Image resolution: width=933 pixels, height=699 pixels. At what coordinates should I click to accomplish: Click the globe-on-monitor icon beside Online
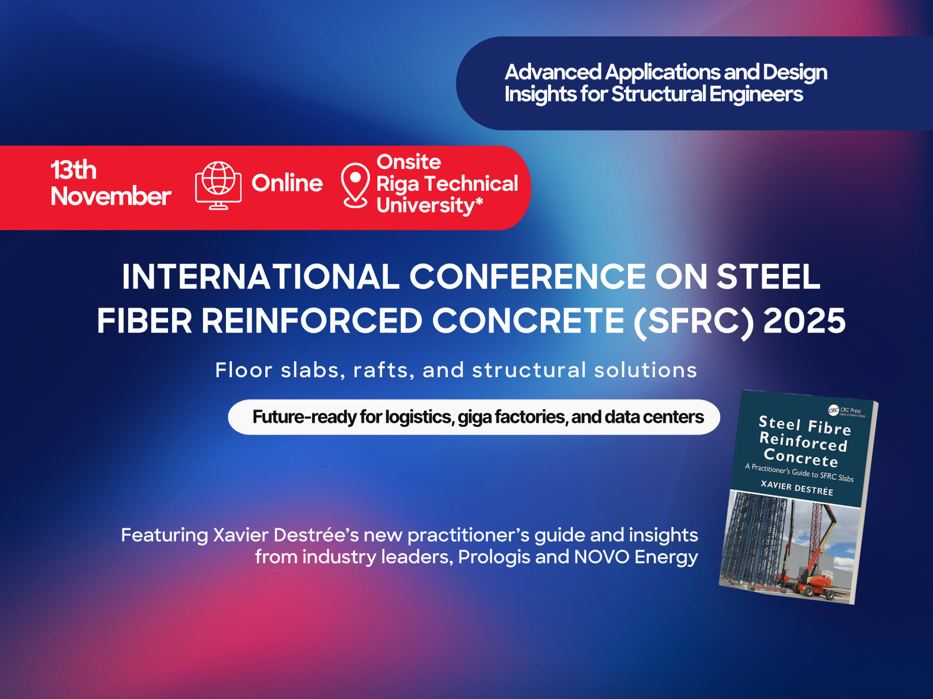[218, 185]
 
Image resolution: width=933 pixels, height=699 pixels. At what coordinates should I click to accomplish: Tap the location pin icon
[355, 185]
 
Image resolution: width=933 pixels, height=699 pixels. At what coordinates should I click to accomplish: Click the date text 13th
[74, 170]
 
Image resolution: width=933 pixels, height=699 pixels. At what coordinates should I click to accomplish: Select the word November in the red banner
[111, 196]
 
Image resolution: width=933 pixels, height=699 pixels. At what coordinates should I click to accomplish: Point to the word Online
[287, 183]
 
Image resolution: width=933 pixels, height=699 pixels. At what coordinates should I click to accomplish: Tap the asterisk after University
[479, 201]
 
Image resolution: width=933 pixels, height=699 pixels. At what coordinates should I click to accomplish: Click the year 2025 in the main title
[805, 321]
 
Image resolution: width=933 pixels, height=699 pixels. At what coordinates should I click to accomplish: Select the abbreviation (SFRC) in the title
[694, 322]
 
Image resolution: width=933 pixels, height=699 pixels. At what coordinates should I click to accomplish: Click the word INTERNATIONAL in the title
[261, 277]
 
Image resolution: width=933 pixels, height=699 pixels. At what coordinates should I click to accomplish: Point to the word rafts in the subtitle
[384, 370]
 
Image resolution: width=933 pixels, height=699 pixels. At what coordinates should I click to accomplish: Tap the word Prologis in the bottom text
[494, 557]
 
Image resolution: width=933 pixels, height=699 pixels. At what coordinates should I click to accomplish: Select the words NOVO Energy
[636, 557]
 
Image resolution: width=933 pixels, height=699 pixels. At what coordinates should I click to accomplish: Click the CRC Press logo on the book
[847, 411]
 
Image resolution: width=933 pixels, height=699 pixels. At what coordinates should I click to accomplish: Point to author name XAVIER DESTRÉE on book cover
[797, 488]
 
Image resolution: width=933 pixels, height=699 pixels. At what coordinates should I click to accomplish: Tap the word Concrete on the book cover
[801, 458]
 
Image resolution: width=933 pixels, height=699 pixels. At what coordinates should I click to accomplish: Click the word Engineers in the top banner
[756, 94]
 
